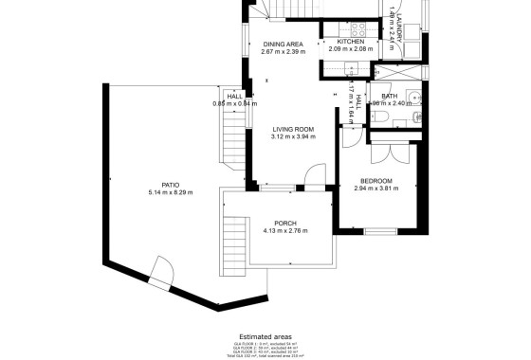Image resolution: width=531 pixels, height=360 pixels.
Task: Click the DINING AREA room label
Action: [x=283, y=44]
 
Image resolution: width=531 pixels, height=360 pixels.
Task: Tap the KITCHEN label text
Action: [x=351, y=43]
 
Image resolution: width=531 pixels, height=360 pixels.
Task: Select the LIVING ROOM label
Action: [x=293, y=129]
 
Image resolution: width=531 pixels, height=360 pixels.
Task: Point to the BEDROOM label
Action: [x=376, y=180]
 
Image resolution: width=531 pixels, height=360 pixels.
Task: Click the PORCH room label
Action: [x=285, y=223]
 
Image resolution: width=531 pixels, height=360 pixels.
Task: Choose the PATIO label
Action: [x=171, y=185]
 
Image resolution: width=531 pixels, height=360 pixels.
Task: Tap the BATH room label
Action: [x=390, y=96]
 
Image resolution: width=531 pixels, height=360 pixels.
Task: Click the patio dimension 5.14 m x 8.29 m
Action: [x=171, y=193]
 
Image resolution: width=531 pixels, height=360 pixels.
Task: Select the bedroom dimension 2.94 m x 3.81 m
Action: [x=376, y=189]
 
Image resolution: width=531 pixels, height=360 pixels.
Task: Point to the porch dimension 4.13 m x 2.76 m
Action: [x=285, y=231]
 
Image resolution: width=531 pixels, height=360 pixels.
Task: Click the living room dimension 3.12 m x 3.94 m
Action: [x=293, y=137]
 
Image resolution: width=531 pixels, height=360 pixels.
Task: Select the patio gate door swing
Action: [x=161, y=273]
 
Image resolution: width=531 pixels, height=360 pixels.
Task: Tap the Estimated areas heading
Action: [x=265, y=335]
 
